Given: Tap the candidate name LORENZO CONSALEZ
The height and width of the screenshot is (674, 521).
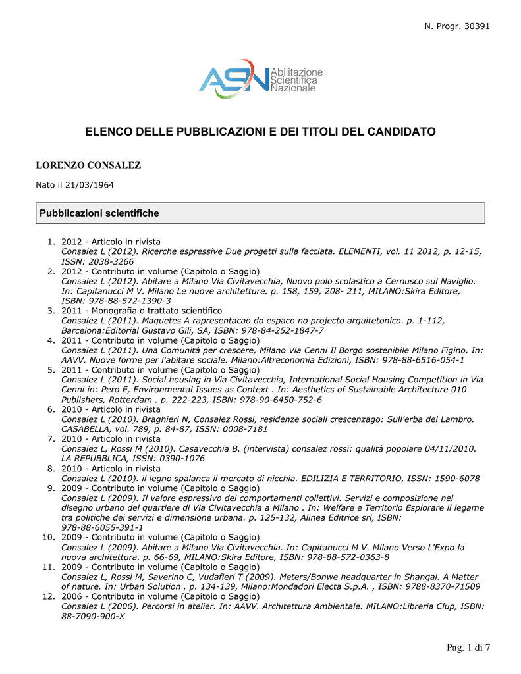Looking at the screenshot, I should click(88, 165).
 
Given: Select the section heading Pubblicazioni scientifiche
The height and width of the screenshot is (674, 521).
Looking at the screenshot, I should click(99, 213).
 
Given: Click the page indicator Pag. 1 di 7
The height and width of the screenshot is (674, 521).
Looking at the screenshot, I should click(468, 648).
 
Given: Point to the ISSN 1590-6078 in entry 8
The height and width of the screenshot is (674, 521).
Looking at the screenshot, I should click(455, 478).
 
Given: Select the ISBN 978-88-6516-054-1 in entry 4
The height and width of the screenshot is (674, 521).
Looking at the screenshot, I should click(422, 360).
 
